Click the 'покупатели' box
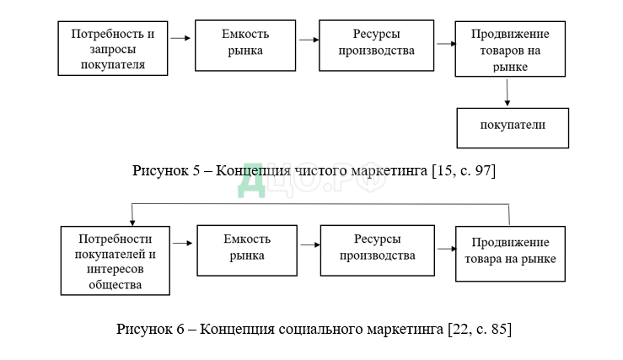tap(513, 127)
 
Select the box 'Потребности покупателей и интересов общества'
tap(115, 259)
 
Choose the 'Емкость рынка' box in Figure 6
tap(247, 250)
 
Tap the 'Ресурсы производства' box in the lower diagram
tap(377, 250)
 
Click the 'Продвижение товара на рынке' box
tap(510, 253)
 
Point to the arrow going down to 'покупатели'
tap(508, 92)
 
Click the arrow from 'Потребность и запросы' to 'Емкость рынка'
tap(180, 38)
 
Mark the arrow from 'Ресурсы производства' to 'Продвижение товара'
tap(445, 248)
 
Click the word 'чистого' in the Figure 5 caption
tap(320, 171)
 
